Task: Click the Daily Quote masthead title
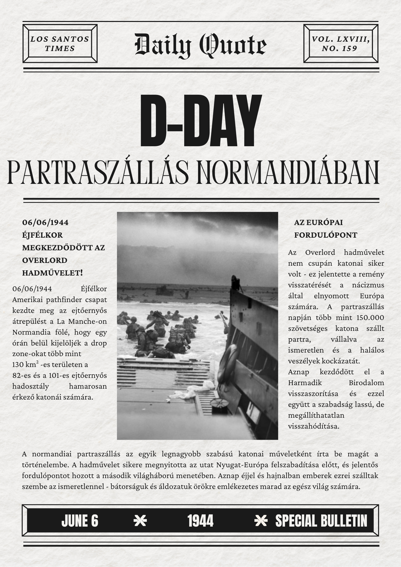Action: (x=200, y=45)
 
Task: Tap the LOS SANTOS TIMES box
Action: (x=60, y=43)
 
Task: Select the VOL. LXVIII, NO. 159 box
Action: (x=341, y=43)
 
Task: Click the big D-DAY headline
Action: (x=200, y=121)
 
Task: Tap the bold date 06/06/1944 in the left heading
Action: (x=45, y=223)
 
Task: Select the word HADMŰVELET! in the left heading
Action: (x=53, y=273)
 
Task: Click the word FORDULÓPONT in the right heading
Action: (x=325, y=235)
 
